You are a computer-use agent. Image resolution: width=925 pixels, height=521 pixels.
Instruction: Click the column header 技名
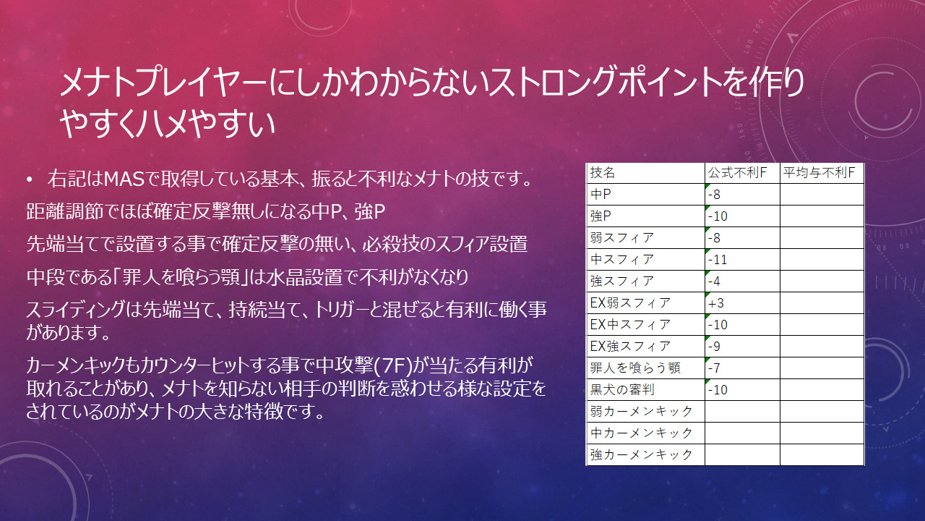[603, 173]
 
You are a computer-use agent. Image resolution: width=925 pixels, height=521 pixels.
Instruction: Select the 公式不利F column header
[737, 173]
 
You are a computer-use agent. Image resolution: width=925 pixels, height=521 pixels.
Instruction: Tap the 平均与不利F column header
[819, 173]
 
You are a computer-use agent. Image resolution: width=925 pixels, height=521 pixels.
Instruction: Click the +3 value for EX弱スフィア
[716, 303]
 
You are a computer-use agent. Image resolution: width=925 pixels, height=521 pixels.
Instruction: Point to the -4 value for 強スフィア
[714, 281]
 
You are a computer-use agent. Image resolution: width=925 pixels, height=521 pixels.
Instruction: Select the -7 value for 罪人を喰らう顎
[714, 368]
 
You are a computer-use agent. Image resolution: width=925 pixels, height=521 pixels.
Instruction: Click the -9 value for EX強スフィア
[714, 347]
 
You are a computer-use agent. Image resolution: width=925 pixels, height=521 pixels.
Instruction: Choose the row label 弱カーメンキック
[641, 412]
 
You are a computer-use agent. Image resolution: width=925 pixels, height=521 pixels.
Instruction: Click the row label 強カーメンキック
[641, 455]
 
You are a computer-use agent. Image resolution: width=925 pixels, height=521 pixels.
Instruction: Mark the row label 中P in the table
[601, 195]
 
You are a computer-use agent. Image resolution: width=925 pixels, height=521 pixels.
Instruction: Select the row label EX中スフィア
[630, 325]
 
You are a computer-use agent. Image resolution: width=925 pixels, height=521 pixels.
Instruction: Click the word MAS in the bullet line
[124, 179]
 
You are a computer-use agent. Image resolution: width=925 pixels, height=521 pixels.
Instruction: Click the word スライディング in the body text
[75, 309]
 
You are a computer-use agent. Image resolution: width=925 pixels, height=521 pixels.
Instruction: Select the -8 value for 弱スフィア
[714, 238]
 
